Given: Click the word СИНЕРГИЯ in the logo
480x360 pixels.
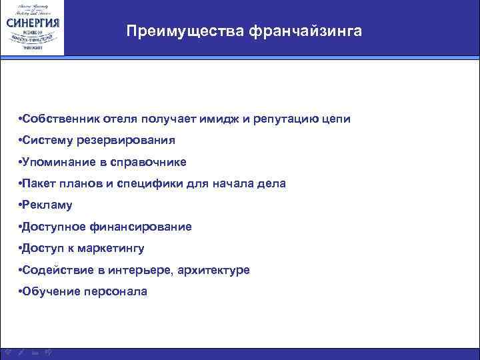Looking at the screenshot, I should [33, 21].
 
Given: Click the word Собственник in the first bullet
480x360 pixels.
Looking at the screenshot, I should [61, 119].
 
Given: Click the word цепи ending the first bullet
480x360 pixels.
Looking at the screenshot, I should [335, 119].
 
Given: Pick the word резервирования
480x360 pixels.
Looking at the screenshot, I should [130, 140].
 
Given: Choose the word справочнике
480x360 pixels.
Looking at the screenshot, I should [151, 162].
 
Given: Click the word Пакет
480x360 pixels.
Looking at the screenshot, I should [39, 183].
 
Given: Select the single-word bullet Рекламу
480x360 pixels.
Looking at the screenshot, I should [47, 205].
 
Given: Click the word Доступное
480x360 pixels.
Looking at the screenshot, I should [53, 227].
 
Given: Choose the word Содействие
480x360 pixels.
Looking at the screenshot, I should [55, 270].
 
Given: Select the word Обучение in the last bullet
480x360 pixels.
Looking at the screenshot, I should [50, 291].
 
